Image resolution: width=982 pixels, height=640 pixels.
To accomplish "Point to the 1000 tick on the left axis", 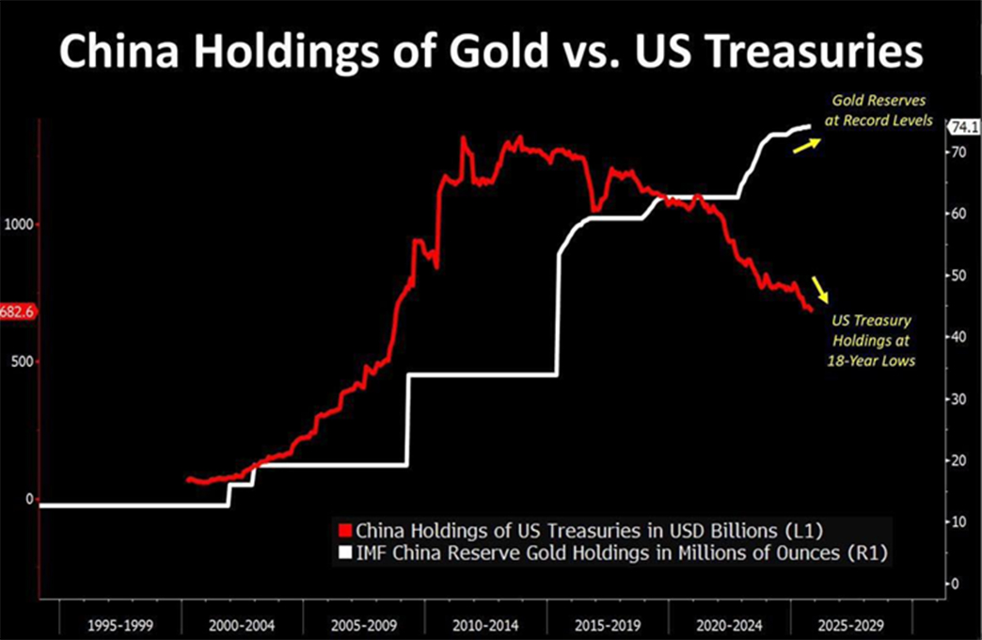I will [x=19, y=224].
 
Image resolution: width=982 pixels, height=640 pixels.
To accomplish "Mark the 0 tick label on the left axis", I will [x=29, y=499].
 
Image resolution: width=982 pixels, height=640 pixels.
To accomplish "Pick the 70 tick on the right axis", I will [x=957, y=152].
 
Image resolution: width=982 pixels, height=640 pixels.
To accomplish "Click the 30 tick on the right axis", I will [x=957, y=398].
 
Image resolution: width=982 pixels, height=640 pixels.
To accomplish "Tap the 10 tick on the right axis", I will [x=957, y=521].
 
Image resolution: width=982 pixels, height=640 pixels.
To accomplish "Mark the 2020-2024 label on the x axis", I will [x=729, y=623].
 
